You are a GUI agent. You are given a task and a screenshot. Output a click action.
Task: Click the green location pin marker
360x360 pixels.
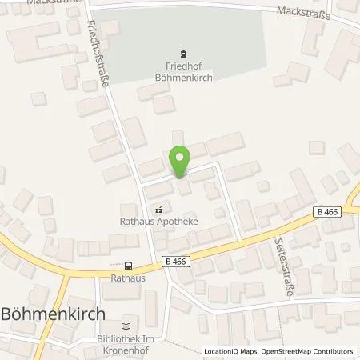tap(180, 161)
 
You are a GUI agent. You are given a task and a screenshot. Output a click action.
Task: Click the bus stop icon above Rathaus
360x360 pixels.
tap(128, 266)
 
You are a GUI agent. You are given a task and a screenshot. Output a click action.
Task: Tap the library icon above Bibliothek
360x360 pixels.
tap(125, 326)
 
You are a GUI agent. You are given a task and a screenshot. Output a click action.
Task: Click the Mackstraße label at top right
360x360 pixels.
tap(302, 10)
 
